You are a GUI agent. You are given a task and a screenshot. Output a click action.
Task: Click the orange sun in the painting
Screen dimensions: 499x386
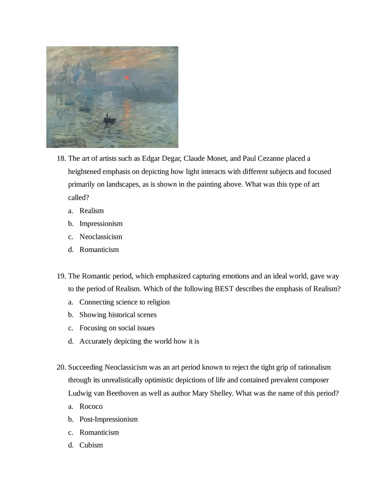[127, 78]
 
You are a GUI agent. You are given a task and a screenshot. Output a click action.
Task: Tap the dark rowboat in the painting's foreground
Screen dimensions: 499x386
[109, 120]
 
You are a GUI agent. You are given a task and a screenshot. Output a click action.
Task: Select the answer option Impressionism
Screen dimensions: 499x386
[101, 224]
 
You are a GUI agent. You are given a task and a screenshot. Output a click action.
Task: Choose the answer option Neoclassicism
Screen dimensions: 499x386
[101, 237]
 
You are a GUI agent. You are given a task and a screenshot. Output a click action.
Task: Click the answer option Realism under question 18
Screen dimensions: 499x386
[92, 211]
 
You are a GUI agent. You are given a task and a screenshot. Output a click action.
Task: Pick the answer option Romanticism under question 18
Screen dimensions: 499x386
[99, 250]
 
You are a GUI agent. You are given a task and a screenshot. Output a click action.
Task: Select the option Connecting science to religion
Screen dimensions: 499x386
[125, 302]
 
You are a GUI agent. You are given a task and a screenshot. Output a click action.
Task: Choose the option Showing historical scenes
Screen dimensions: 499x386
[118, 315]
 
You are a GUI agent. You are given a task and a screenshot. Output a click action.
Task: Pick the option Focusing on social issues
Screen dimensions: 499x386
[117, 328]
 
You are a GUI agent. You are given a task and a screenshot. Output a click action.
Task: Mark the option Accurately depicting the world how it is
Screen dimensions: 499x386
[139, 341]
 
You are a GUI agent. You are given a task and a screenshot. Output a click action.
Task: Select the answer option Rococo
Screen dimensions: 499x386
[91, 407]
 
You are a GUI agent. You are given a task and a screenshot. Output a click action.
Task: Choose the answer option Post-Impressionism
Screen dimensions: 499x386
[108, 420]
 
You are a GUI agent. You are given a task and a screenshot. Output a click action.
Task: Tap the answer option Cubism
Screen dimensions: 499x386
[91, 446]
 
